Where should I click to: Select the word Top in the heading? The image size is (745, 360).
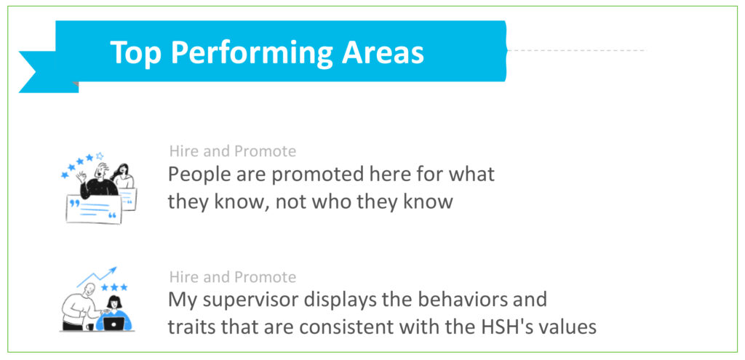(136, 53)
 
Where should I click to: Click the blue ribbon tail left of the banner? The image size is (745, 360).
(43, 72)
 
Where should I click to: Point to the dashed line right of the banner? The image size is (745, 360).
(576, 50)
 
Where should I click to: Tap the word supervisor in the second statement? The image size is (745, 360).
(247, 300)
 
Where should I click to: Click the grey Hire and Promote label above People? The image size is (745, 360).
(233, 151)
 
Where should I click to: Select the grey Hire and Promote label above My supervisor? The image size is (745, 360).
(233, 277)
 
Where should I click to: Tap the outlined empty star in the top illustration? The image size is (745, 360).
(99, 156)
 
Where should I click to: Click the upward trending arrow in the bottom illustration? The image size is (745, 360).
(97, 277)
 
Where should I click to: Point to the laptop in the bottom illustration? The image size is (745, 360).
(113, 324)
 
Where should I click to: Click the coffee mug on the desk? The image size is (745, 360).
(89, 327)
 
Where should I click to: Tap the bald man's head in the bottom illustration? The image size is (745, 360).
(88, 289)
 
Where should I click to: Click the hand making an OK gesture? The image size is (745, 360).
(81, 177)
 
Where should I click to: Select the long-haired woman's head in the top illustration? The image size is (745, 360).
(122, 170)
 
